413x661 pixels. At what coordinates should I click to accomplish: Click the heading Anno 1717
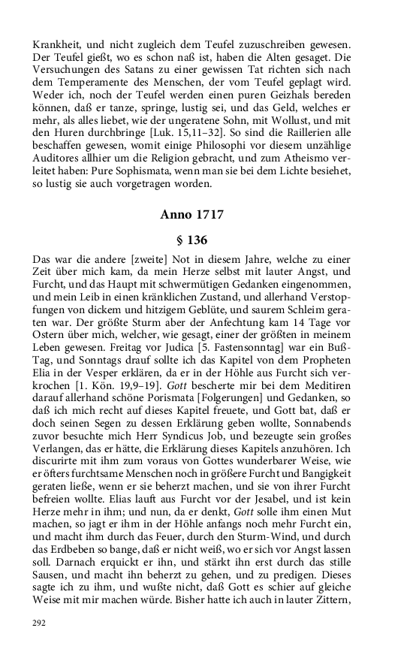(191, 215)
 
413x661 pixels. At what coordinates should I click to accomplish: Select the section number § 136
(191, 240)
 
